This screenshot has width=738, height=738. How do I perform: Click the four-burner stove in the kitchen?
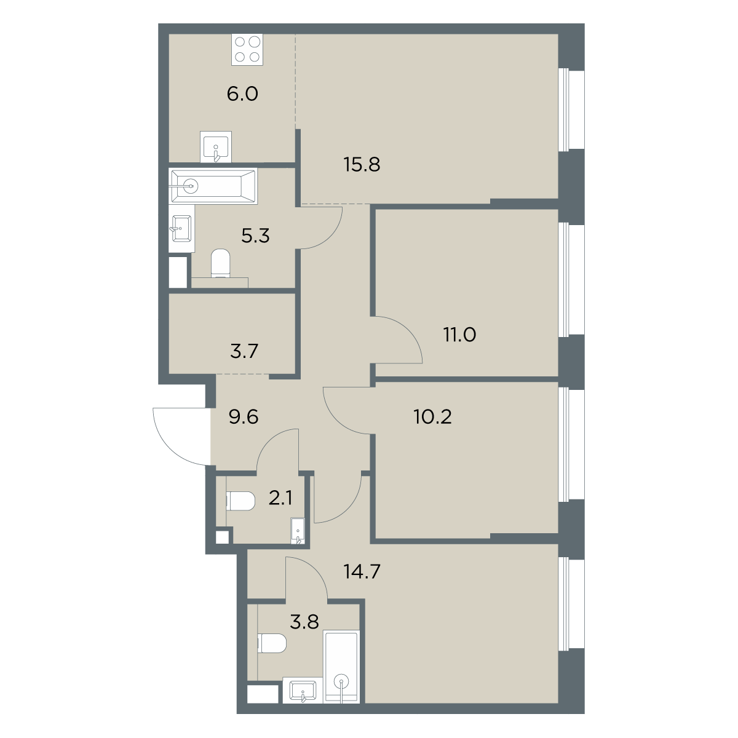point(247,49)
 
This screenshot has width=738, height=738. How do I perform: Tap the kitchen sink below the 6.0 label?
point(216,147)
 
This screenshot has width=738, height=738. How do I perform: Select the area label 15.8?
point(362,165)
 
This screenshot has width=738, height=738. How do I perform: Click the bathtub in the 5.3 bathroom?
point(213,186)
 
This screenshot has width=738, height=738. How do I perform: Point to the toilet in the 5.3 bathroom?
point(220,263)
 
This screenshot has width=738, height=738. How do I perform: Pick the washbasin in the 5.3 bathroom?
point(181,229)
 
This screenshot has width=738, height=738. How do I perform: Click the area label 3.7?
point(244,351)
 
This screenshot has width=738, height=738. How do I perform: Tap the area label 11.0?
point(459,335)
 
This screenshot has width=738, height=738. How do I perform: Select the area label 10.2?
point(433,416)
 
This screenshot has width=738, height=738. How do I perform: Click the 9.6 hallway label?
point(244,417)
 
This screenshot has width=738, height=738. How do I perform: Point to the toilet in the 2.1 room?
point(240,501)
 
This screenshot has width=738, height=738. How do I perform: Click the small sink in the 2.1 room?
point(298,531)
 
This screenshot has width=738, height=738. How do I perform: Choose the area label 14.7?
point(362,572)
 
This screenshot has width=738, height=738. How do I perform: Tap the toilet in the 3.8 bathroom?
point(272,643)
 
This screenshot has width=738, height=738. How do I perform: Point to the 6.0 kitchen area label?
point(242,94)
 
